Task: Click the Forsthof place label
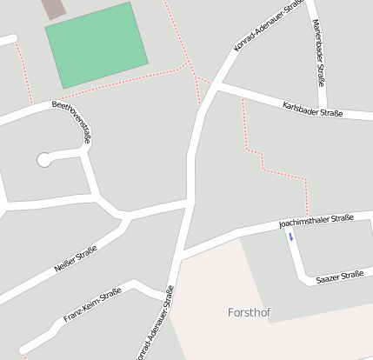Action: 250,311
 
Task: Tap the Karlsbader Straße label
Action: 313,109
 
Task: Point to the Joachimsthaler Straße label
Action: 316,223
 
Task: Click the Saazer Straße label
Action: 339,277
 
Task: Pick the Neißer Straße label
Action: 76,258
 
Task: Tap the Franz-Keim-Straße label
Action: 91,305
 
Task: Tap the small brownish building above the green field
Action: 54,8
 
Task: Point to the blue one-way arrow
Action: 291,236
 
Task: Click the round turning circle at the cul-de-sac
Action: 43,159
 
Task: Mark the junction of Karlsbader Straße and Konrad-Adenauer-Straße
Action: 214,87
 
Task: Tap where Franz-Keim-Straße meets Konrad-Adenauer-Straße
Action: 168,297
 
